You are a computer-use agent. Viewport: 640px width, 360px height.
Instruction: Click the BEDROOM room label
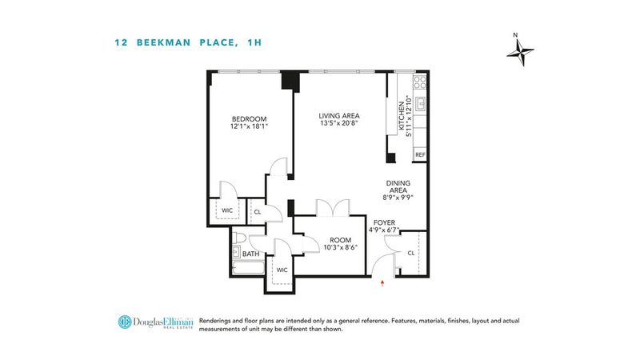pos(249,119)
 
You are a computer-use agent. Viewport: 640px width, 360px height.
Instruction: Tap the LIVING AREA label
pos(338,116)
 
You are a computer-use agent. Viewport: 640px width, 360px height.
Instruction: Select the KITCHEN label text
pos(402,116)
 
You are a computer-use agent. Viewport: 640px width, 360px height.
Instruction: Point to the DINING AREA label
pos(398,186)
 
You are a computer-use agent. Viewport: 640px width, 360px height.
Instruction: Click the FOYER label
pos(384,222)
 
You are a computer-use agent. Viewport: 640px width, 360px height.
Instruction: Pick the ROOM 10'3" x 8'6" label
pos(341,244)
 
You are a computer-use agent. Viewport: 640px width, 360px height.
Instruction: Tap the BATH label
pos(250,254)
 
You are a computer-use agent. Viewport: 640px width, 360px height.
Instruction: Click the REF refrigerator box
pos(420,154)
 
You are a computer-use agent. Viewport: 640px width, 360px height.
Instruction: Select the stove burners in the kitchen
pos(420,82)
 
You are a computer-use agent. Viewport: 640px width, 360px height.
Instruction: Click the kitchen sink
pos(421,104)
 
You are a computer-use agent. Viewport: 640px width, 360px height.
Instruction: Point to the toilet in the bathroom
pos(238,238)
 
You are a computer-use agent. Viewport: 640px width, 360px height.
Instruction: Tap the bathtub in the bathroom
pos(248,268)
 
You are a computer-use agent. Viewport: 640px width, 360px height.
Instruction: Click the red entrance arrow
pos(382,283)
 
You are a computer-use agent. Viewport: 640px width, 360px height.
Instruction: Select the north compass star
pos(521,52)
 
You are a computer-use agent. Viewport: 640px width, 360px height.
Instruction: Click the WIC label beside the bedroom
pos(227,210)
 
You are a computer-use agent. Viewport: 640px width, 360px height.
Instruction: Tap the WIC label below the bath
pos(282,270)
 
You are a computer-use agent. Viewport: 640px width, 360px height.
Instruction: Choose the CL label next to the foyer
pos(411,253)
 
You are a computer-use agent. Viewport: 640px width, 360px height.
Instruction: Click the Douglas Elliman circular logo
pos(125,322)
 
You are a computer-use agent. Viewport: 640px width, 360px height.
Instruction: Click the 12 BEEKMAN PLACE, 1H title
pos(188,42)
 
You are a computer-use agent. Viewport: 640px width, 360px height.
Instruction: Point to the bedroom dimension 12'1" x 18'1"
pos(249,126)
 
